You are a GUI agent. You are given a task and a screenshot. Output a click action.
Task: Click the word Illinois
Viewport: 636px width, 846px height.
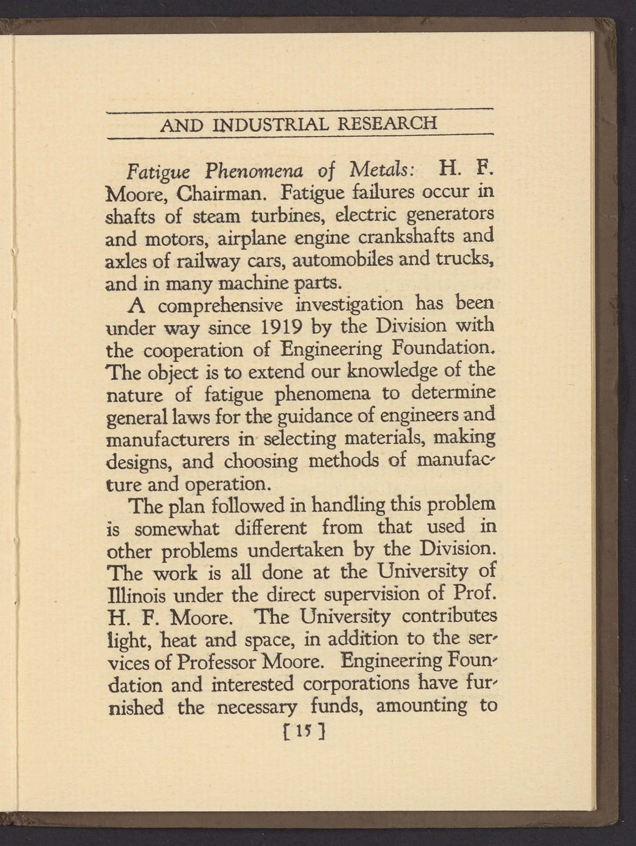pos(137,596)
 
